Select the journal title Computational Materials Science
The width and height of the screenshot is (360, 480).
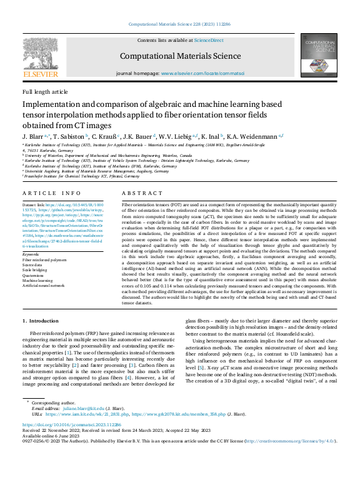click(179, 56)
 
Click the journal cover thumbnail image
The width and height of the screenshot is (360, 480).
click(319, 54)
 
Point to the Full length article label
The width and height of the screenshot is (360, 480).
click(45, 91)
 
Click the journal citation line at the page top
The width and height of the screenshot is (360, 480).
click(179, 24)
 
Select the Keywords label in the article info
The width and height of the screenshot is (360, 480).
click(31, 255)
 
